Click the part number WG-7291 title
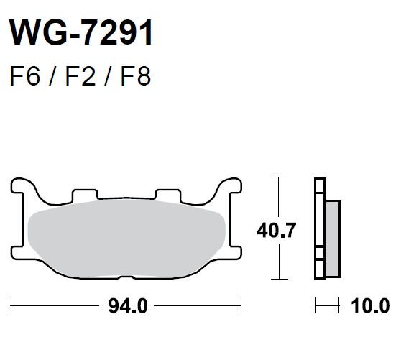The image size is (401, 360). click(x=81, y=33)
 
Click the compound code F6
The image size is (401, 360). click(x=25, y=76)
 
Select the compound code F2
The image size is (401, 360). click(x=80, y=76)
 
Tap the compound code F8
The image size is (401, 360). click(x=136, y=76)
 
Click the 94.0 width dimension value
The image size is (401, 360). click(x=128, y=306)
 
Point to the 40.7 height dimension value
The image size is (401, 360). click(x=276, y=231)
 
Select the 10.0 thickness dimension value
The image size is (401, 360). click(x=370, y=306)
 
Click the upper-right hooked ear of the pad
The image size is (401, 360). click(x=229, y=187)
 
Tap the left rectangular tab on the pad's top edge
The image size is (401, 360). click(x=86, y=195)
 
